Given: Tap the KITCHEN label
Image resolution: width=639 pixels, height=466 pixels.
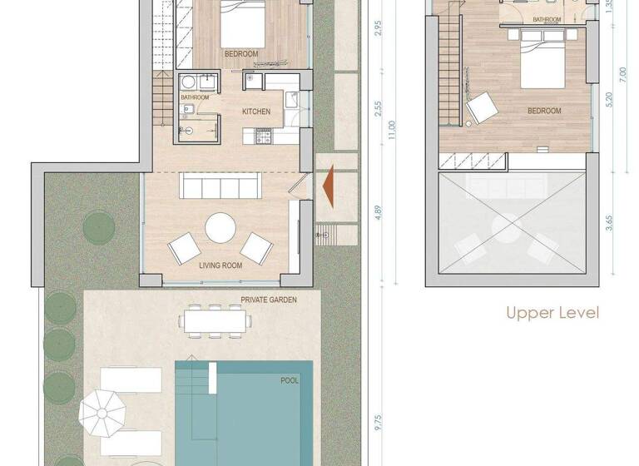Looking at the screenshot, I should (256, 111).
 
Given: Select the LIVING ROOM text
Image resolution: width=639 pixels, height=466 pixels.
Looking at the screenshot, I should (220, 265).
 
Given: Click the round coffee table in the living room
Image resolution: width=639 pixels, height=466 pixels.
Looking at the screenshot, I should (221, 227).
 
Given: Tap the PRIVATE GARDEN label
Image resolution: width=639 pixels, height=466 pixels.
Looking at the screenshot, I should (269, 300).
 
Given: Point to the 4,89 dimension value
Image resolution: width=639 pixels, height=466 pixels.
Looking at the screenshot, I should (378, 211).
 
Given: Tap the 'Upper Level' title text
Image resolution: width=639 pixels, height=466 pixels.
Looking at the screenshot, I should (552, 314).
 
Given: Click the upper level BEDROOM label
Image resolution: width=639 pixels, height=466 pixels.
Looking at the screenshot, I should (544, 110).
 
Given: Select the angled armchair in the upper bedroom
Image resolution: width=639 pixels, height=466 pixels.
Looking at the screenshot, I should (480, 109).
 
